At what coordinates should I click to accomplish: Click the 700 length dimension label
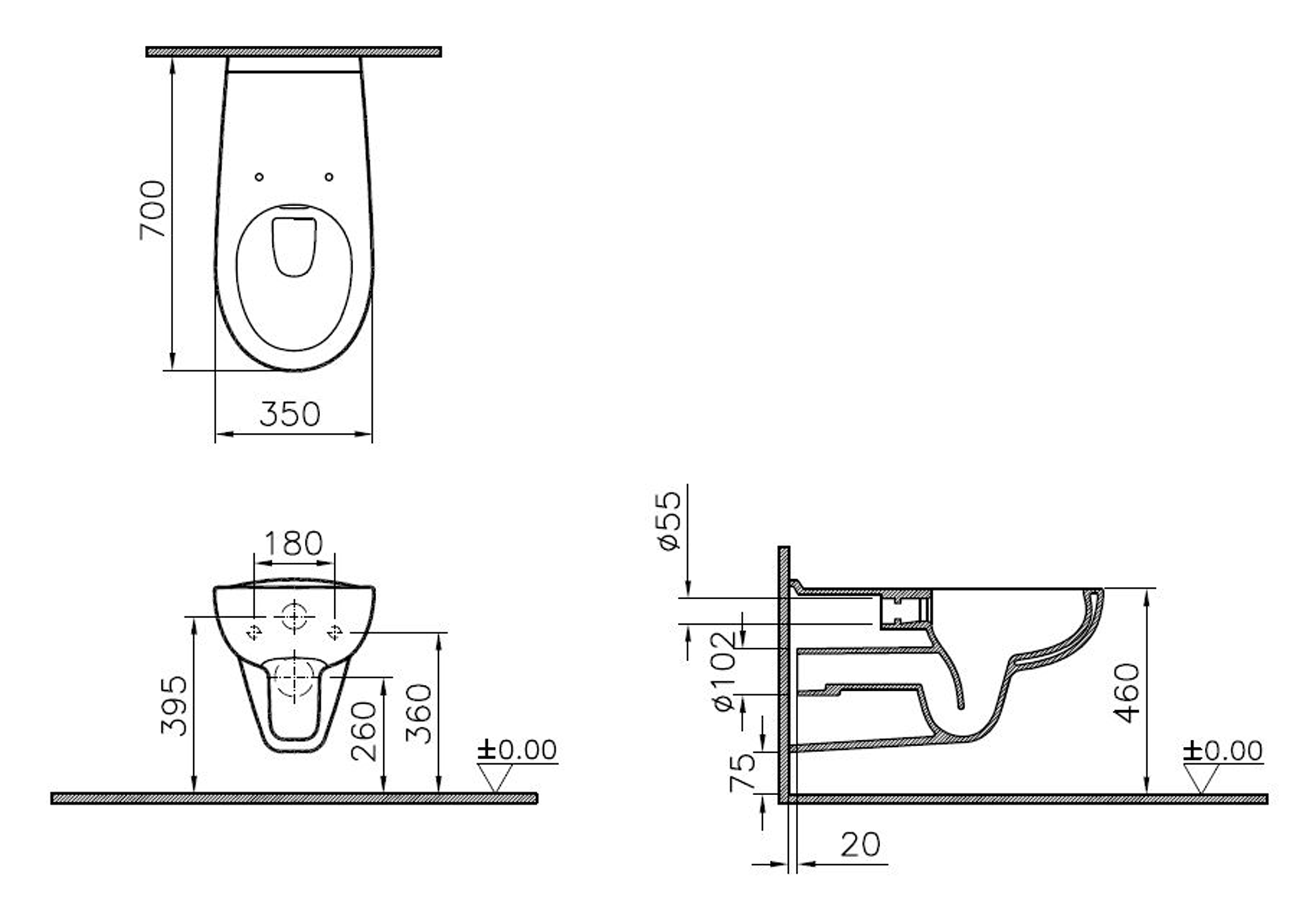(153, 210)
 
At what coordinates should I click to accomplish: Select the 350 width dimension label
(290, 414)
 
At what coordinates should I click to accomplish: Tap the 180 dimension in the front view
(294, 543)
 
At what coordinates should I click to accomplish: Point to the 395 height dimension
(174, 706)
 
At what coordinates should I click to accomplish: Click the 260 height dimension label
(364, 731)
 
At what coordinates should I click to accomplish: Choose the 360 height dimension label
(419, 714)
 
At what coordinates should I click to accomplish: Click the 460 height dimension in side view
(1127, 693)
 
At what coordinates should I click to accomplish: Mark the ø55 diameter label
(670, 521)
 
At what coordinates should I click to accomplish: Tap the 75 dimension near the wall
(742, 772)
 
